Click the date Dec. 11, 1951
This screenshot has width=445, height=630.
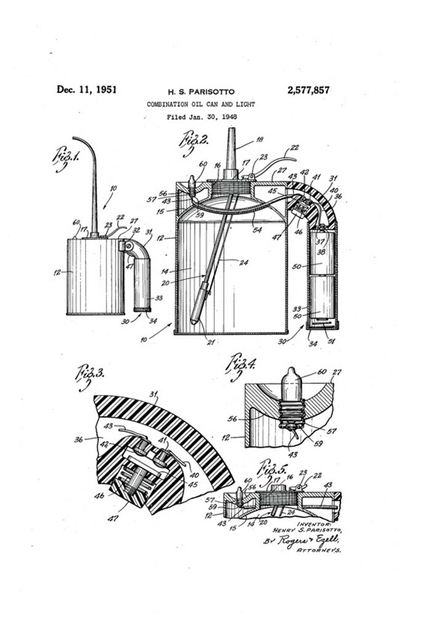pyautogui.click(x=86, y=89)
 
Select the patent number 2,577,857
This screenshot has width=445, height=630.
pyautogui.click(x=308, y=90)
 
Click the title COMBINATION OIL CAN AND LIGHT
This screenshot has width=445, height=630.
pyautogui.click(x=201, y=105)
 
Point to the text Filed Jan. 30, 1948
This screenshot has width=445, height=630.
pyautogui.click(x=202, y=117)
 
